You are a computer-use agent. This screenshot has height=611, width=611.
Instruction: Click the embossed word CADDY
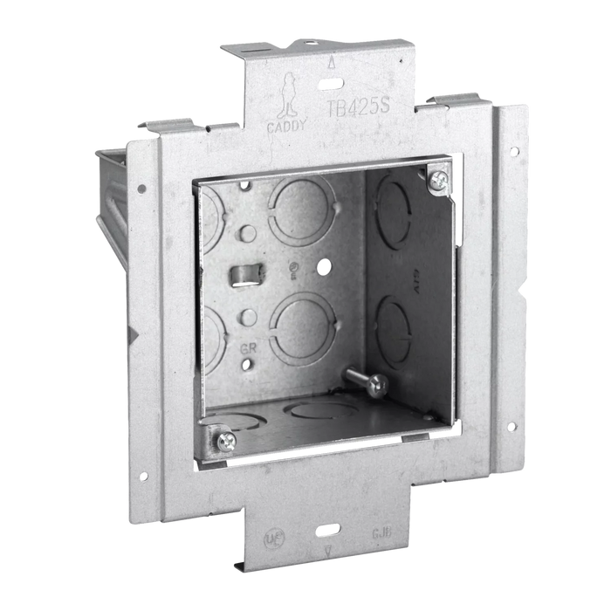click(x=287, y=126)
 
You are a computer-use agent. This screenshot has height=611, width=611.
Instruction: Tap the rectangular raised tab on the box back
click(x=242, y=276)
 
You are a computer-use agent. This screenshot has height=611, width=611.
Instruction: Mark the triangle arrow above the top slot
click(x=329, y=64)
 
